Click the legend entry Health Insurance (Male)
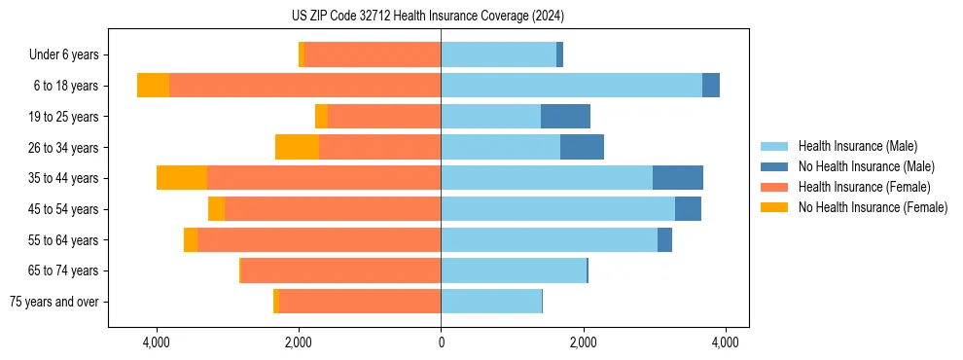857,146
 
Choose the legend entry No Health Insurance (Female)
873,207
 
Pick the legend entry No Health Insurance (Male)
866,166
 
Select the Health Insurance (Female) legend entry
864,187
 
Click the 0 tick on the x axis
441,342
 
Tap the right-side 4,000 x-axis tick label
725,342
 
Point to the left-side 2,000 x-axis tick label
299,342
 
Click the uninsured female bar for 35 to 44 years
182,178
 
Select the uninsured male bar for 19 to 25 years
565,117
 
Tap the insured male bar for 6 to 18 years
571,86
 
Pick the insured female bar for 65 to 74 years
340,270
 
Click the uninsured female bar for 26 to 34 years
297,147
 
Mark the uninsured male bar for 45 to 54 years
688,209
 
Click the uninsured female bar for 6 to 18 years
153,86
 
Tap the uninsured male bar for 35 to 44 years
677,178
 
